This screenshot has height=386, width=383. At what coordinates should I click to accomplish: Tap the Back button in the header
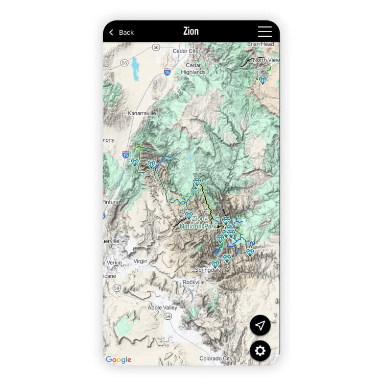coord(122,32)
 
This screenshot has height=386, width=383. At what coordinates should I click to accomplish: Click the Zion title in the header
coord(191,31)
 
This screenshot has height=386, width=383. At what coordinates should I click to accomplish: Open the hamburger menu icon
coord(265,32)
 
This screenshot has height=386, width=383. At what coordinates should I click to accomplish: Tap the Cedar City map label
coord(186,51)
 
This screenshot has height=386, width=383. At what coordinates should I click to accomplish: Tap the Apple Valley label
coord(162,307)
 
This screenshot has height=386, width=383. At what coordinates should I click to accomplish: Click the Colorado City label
coord(216,358)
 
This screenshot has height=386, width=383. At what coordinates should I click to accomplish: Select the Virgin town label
coord(140,261)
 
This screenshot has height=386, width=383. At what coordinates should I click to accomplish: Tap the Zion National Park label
coord(199,222)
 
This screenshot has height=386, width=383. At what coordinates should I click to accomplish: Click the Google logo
coord(118,359)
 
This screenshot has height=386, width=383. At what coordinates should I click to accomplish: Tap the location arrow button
coord(260,325)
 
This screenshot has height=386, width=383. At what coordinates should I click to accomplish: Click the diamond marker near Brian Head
coord(262,80)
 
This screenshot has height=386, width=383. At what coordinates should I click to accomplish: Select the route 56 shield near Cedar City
coord(156,47)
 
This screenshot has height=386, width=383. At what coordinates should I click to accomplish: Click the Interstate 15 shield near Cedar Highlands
coord(167,72)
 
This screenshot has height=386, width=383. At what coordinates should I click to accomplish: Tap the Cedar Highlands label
coord(194,69)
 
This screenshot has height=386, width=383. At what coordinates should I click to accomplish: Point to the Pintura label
coord(111,202)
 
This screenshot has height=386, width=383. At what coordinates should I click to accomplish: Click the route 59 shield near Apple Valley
coord(168,317)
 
